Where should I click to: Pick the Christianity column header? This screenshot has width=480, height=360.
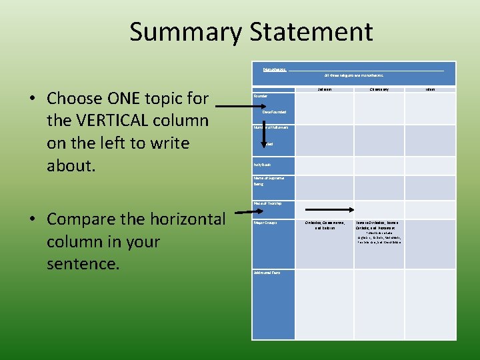(x=380, y=88)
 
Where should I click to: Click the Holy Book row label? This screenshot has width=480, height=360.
(x=262, y=164)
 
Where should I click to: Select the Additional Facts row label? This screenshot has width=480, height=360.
(x=267, y=272)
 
